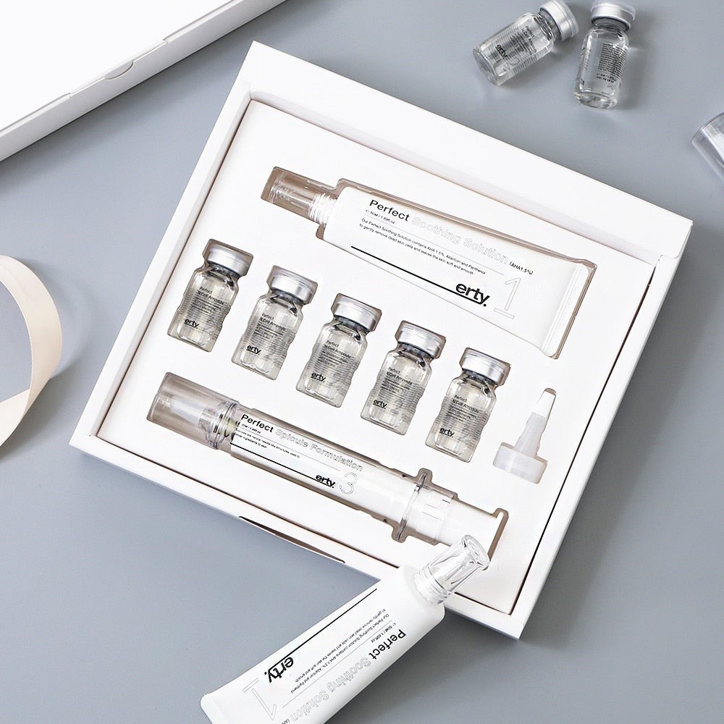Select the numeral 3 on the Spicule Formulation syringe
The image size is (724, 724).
(x=346, y=483)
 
